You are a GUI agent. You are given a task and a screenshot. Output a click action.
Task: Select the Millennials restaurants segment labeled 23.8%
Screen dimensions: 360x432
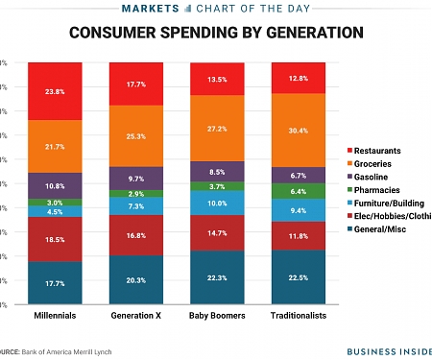point(55,93)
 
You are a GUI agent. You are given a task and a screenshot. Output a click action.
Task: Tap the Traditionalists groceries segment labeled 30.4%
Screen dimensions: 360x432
point(300,131)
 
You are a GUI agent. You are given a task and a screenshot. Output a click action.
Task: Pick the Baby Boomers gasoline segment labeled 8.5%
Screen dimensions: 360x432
point(218,173)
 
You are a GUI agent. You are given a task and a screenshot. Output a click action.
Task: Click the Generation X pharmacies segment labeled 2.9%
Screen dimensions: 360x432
point(136,194)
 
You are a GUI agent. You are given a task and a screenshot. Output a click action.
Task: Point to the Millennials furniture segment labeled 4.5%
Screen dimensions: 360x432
point(55,212)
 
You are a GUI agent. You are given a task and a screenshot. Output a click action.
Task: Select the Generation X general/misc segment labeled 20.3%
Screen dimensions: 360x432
point(136,280)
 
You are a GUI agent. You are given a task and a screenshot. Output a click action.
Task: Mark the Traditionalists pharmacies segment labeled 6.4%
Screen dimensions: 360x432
point(300,191)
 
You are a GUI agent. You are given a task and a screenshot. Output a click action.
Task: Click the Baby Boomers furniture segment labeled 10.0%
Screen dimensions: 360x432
point(218,203)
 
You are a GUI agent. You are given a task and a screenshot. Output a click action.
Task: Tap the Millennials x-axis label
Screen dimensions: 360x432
point(55,315)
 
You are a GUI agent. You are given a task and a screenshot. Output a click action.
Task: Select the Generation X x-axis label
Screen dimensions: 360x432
point(136,315)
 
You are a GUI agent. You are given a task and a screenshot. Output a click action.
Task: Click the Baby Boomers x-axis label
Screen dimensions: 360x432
point(218,315)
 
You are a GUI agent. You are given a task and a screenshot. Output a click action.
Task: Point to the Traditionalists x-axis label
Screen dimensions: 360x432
point(300,315)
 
